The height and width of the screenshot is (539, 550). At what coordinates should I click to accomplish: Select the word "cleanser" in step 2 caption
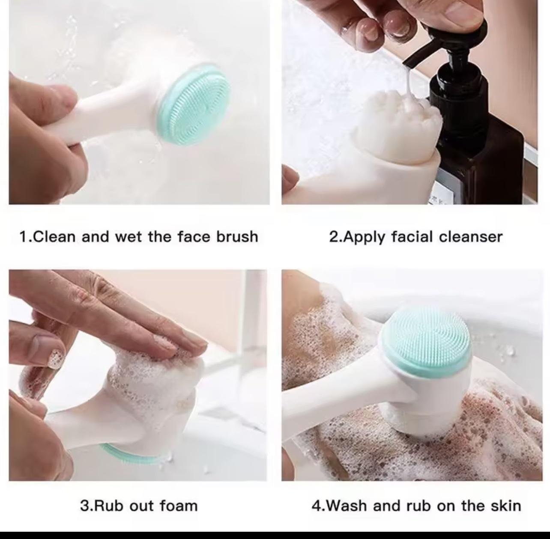(x=471, y=237)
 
